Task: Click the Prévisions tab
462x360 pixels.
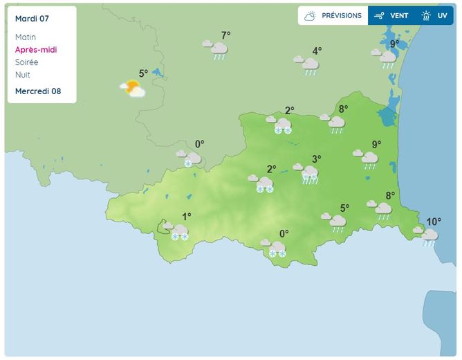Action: (x=333, y=15)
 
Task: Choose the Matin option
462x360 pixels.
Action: (x=25, y=37)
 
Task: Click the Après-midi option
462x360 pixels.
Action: (x=36, y=50)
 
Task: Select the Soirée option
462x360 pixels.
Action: (x=26, y=62)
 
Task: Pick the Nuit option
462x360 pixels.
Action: (x=23, y=75)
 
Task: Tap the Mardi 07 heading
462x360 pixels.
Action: (x=33, y=18)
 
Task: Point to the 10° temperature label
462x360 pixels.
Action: (x=434, y=222)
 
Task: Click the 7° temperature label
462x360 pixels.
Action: (x=225, y=35)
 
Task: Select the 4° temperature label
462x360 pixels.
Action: (x=317, y=51)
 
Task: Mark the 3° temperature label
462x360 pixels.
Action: (x=316, y=159)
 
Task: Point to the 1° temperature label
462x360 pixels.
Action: (x=187, y=216)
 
